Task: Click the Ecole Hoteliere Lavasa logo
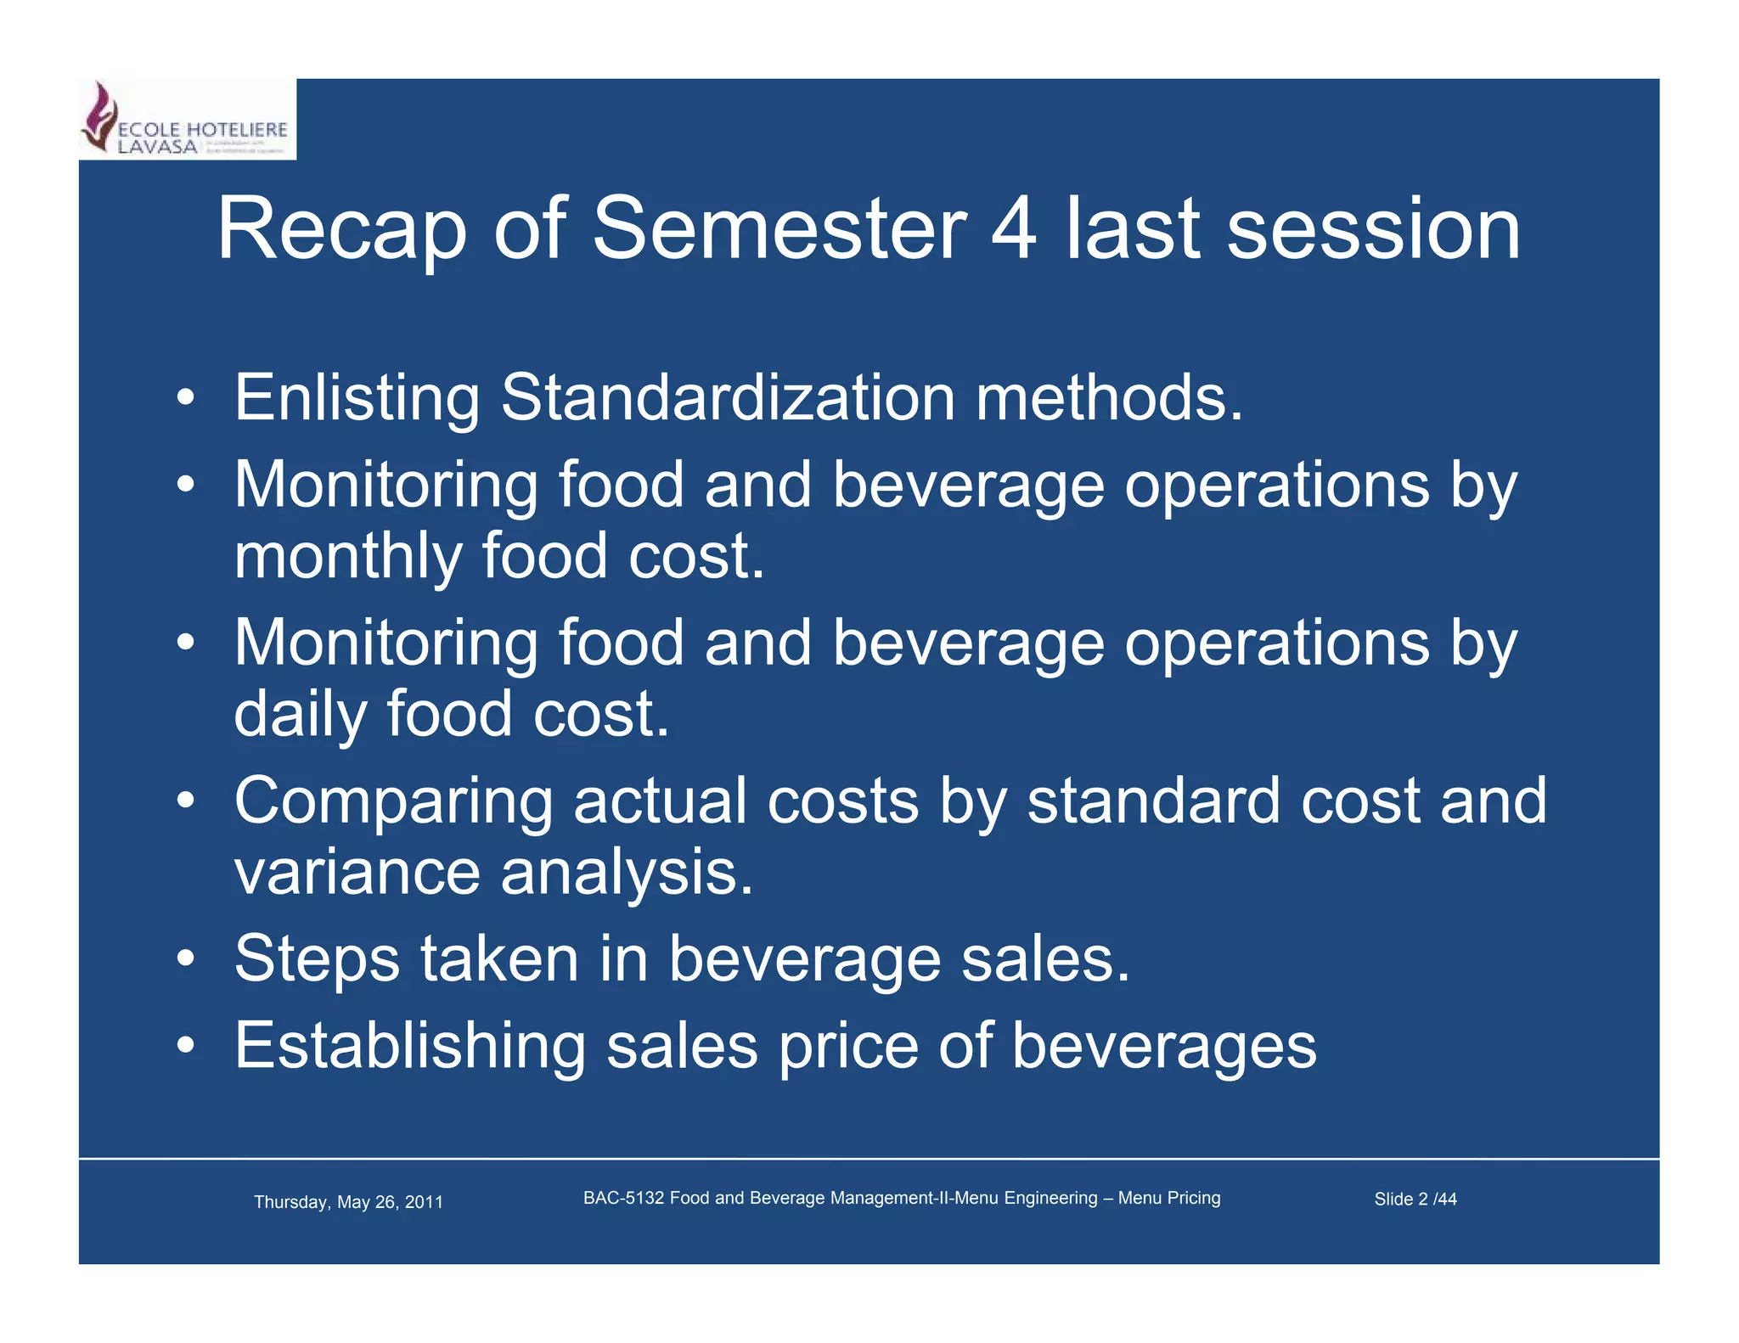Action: (x=187, y=121)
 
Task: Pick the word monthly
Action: (x=347, y=557)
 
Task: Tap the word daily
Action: (x=300, y=714)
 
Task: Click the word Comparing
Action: (x=393, y=801)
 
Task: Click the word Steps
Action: (x=317, y=958)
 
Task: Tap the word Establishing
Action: (x=409, y=1046)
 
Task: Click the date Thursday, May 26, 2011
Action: (x=348, y=1202)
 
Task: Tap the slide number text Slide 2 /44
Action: (x=1415, y=1199)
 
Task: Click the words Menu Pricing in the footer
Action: (x=1169, y=1198)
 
